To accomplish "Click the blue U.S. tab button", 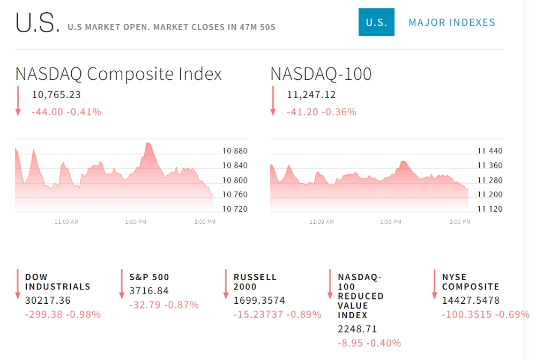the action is [376, 22].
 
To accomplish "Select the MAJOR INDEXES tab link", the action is [452, 22].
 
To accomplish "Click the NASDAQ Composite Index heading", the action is [118, 74].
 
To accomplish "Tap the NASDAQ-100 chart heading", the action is [321, 74].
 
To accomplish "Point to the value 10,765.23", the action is [56, 95].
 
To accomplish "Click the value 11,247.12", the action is [311, 95].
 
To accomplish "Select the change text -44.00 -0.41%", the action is [66, 112].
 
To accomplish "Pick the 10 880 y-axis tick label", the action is [235, 151].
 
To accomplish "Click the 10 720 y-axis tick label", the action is [235, 209].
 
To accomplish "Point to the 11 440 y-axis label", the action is [490, 151].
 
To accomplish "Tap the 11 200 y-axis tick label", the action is [490, 194].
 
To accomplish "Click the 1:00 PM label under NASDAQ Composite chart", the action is [136, 222].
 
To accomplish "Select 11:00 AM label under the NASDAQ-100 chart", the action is [322, 222].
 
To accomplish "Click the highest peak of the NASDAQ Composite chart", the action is [148, 143].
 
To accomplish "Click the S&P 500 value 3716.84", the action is [149, 291].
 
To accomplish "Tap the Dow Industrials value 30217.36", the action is [48, 300].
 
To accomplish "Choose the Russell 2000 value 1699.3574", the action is [259, 300].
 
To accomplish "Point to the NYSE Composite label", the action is [471, 282].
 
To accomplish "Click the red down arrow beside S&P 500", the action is [122, 284].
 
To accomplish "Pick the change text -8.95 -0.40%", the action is [369, 343].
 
